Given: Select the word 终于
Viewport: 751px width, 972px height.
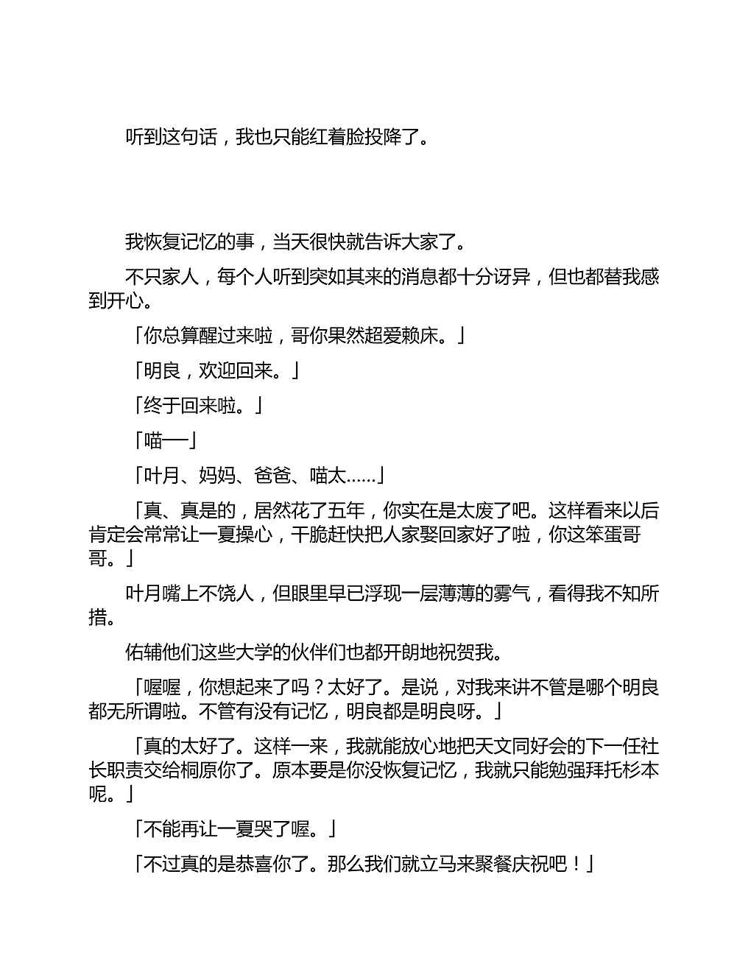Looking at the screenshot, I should (162, 406).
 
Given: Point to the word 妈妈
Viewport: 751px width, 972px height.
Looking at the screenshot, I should (217, 476).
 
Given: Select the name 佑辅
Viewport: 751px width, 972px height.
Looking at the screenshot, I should (144, 652).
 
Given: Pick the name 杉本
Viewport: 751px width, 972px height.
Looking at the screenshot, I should (641, 770).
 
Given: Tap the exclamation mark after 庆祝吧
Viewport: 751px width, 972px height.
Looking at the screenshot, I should (576, 864).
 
